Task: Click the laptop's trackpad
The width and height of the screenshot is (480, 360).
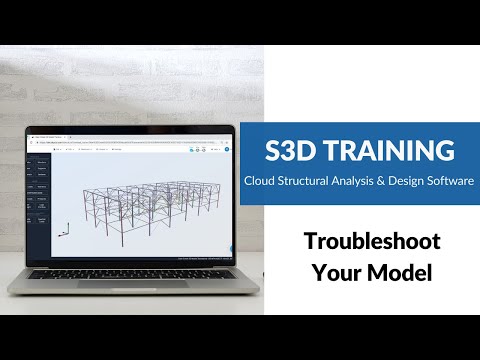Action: [x=130, y=282]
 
